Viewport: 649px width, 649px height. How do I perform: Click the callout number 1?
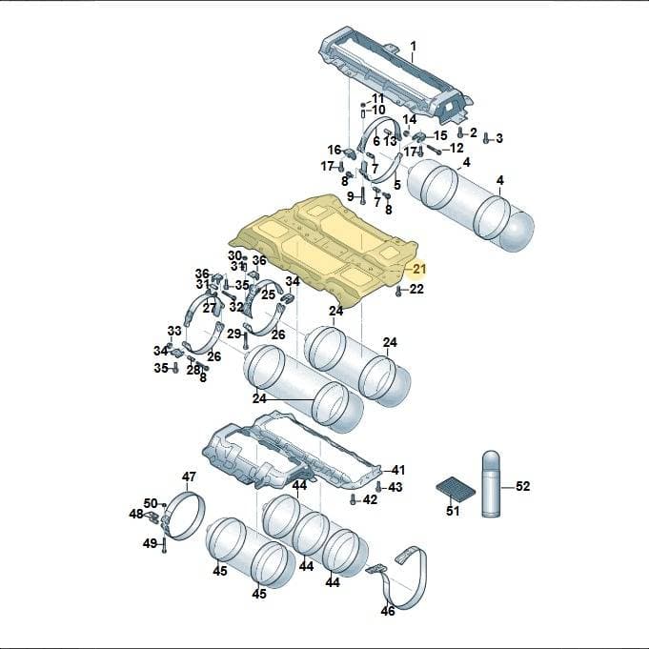(x=413, y=46)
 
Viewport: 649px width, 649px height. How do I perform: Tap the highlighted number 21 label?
(x=419, y=269)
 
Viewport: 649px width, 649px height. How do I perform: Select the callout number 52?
(x=522, y=486)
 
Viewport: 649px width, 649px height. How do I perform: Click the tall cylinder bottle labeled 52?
(x=492, y=484)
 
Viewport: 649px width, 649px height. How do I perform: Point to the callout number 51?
(x=453, y=511)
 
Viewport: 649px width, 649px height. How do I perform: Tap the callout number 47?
(x=189, y=477)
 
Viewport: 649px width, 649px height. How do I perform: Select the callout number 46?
(x=388, y=611)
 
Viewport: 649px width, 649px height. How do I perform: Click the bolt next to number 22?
(x=398, y=291)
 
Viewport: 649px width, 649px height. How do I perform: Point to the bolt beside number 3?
(x=487, y=138)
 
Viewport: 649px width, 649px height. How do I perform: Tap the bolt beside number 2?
(x=460, y=132)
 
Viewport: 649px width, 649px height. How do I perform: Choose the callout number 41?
(x=397, y=470)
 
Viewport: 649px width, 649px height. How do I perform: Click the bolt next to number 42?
(x=353, y=499)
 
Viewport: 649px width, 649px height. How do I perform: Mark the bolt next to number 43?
(x=378, y=487)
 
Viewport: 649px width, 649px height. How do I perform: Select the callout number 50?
(x=151, y=503)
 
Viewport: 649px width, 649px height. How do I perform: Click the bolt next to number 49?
(x=164, y=545)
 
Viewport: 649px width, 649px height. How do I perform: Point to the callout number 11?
(x=377, y=98)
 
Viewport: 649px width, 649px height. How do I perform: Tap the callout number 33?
(x=174, y=331)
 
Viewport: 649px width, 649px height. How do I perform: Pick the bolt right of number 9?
(x=362, y=195)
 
